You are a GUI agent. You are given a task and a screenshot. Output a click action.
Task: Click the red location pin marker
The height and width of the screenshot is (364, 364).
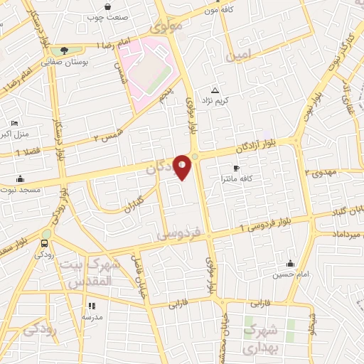(182, 166)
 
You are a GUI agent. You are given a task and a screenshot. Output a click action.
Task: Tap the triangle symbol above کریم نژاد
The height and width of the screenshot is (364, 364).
(215, 90)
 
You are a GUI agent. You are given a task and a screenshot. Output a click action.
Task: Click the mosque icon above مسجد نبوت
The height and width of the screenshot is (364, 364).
(21, 178)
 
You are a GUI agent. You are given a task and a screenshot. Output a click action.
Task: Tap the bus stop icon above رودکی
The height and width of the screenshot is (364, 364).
(44, 243)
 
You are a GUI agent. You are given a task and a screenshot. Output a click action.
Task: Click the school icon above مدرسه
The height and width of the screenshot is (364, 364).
(91, 306)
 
